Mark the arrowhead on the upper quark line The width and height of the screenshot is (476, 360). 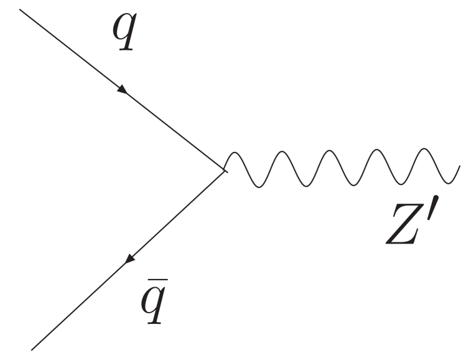pos(123,91)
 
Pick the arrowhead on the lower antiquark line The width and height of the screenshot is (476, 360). pos(129,258)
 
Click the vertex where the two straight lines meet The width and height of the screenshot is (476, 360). pos(224,169)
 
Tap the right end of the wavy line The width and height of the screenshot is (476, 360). pos(460,166)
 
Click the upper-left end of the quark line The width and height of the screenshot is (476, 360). pos(22,11)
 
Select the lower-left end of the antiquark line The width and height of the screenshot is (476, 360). pos(32,349)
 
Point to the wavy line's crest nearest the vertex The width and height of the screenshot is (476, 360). pos(236,151)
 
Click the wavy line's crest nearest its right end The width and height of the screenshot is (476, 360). pos(424,149)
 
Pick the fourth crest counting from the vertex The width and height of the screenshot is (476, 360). pos(377,150)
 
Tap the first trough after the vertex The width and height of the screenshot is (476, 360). pos(259,186)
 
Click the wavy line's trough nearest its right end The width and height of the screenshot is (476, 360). pos(448,183)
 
